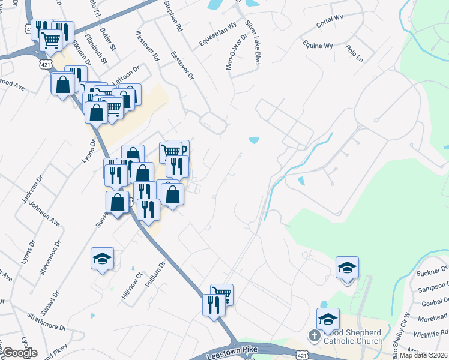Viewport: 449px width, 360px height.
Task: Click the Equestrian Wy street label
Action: click(x=218, y=37)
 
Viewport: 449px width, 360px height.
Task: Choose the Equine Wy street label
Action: click(x=318, y=46)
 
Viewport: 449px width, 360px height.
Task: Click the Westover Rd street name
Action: click(x=148, y=46)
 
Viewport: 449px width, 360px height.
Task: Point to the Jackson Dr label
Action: click(x=27, y=193)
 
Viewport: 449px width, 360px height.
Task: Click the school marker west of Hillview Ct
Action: click(x=102, y=259)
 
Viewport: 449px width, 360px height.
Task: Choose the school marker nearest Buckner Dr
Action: click(x=347, y=267)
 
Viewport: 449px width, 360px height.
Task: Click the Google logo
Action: click(x=20, y=353)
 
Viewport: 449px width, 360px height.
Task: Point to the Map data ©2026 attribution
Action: click(x=424, y=355)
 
